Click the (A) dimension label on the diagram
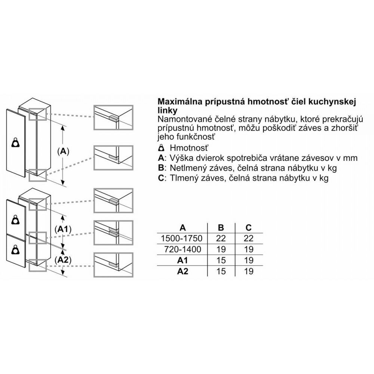(63, 151)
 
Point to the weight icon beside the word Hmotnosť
(162, 148)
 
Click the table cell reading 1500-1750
(182, 238)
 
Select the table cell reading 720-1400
(183, 249)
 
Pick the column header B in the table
(221, 227)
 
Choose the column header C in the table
(249, 227)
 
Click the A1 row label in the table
(183, 260)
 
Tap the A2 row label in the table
(183, 271)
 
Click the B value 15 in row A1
(221, 260)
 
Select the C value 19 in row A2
(249, 272)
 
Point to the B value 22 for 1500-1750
(221, 238)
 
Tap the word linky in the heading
(168, 110)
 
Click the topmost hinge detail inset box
(113, 117)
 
